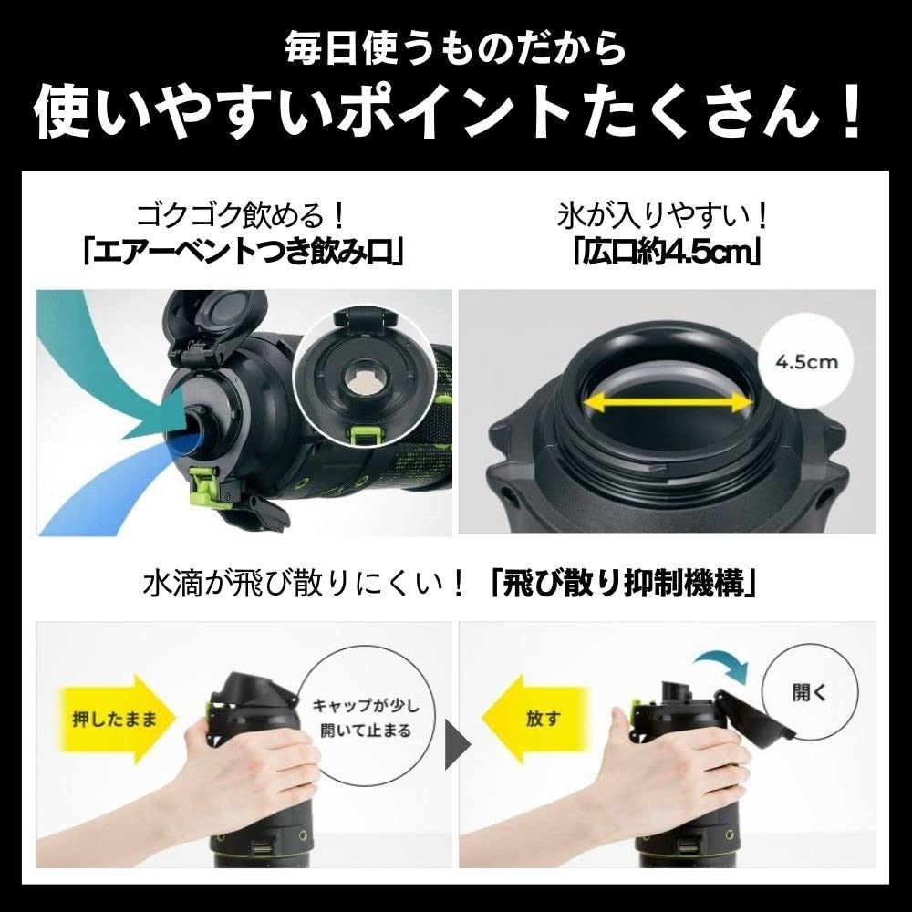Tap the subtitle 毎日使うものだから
point(454,45)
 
